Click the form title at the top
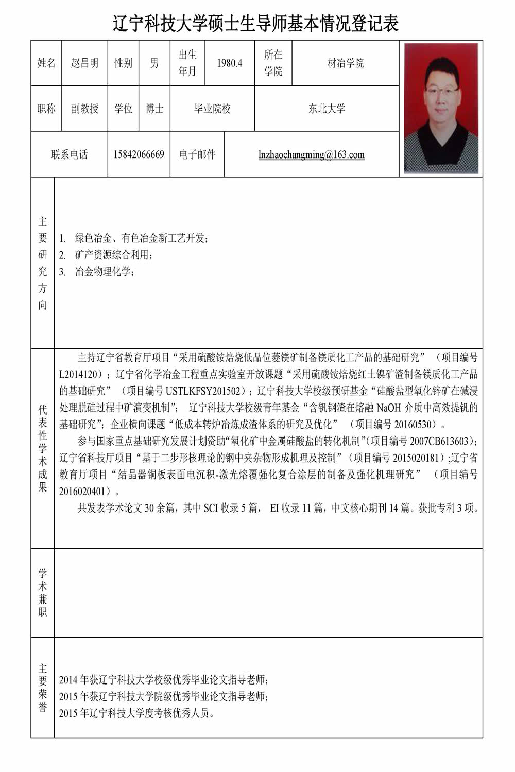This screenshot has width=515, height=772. [256, 24]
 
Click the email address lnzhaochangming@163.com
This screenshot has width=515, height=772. [312, 154]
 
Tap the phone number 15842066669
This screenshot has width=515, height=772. [139, 154]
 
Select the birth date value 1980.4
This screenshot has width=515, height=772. [230, 63]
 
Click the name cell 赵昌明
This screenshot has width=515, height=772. [84, 63]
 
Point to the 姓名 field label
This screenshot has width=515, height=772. [46, 63]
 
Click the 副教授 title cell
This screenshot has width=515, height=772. [84, 109]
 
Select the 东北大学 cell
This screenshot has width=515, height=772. [327, 109]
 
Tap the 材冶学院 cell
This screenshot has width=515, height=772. [346, 63]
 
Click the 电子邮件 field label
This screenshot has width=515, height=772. [197, 154]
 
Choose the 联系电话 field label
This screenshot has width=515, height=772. [69, 154]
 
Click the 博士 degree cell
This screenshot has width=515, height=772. [154, 109]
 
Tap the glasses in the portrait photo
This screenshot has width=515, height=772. [442, 91]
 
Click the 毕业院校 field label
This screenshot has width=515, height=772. [212, 109]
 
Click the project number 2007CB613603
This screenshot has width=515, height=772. [440, 441]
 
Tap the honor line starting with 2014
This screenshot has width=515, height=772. [164, 680]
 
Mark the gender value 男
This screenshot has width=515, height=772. [154, 63]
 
